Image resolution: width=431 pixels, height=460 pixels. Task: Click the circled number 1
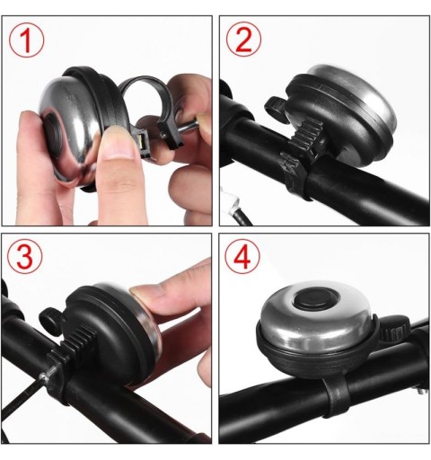(x=26, y=40)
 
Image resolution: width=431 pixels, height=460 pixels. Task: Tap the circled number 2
(x=243, y=39)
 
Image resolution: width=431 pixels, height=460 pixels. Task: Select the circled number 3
(x=25, y=257)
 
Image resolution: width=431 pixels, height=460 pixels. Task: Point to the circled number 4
(x=242, y=256)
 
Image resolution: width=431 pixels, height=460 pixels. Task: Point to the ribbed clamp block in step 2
(x=303, y=137)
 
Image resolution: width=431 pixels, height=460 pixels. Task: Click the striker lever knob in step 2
(x=275, y=108)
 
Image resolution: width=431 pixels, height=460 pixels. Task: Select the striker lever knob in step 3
(x=50, y=319)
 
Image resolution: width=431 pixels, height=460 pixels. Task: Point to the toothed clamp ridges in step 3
(x=75, y=341)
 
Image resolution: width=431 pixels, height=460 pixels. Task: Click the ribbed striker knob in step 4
(x=393, y=331)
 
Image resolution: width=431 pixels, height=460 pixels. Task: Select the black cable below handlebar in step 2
(x=240, y=216)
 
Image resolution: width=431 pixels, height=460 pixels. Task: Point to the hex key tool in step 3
(x=21, y=394)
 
